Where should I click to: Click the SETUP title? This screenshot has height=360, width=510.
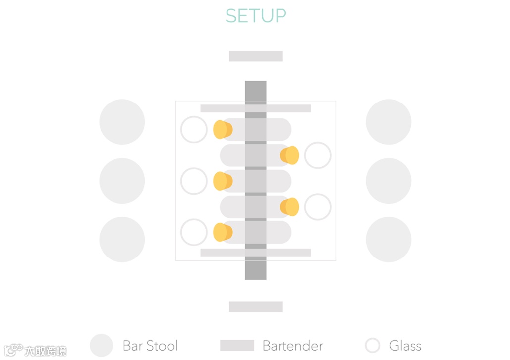pos(256,16)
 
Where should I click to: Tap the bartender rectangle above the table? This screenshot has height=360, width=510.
pos(255,56)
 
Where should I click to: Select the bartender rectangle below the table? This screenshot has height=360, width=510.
pos(255,307)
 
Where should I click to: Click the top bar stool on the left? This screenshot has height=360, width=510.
pos(122,122)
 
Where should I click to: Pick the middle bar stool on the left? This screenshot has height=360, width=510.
pos(122,181)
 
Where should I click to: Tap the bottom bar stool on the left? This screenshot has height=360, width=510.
pos(122,240)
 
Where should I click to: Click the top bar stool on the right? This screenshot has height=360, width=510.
pos(389,122)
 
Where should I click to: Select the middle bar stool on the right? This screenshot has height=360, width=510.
pos(389,181)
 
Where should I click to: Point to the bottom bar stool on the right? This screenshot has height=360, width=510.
pos(389,240)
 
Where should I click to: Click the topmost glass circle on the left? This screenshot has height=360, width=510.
pos(194,130)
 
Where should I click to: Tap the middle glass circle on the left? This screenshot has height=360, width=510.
pos(194,181)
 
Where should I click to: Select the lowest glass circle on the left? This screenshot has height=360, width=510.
pos(194,233)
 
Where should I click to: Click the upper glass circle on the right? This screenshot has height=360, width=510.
pos(318,155)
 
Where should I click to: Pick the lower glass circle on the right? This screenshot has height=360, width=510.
pos(318,207)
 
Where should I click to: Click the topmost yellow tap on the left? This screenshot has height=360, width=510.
pos(223,130)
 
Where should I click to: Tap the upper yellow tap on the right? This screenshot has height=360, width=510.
pos(289,155)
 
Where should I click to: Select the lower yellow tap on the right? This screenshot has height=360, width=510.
pos(289,207)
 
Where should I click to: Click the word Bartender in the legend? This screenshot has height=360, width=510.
pos(292,346)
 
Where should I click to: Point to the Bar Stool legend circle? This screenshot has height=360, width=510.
pos(102,346)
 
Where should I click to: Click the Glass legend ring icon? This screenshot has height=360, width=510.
pos(372,346)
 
